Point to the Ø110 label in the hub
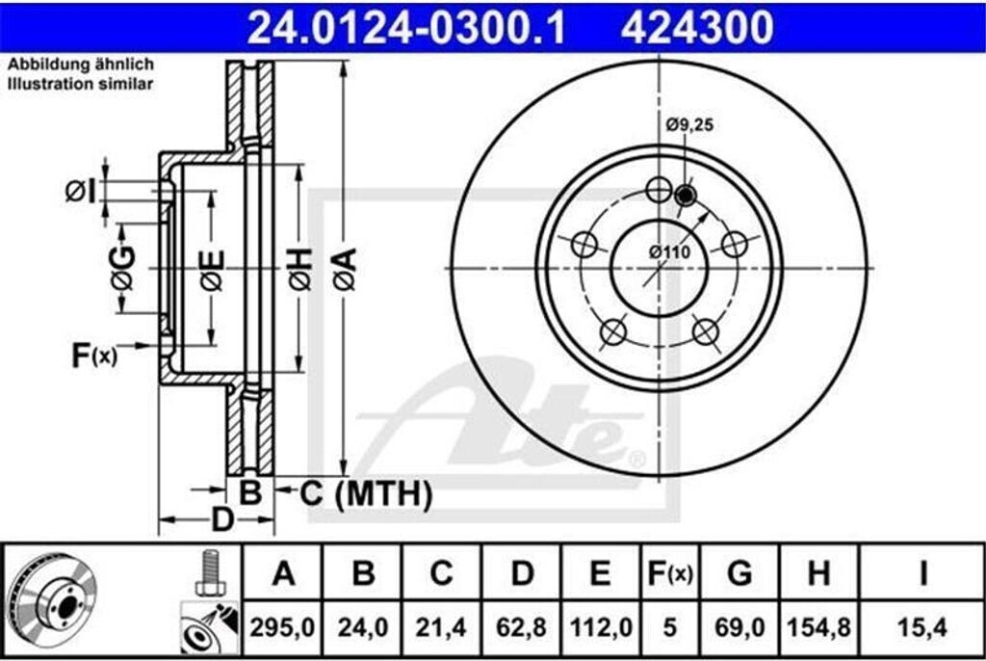670,251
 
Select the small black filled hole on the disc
686,196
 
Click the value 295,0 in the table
283,628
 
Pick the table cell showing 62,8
521,628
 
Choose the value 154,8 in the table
818,628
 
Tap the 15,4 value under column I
922,628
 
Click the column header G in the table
739,574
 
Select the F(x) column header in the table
668,574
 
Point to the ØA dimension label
344,269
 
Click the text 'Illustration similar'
82,85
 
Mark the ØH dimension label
298,269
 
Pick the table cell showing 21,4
441,628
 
